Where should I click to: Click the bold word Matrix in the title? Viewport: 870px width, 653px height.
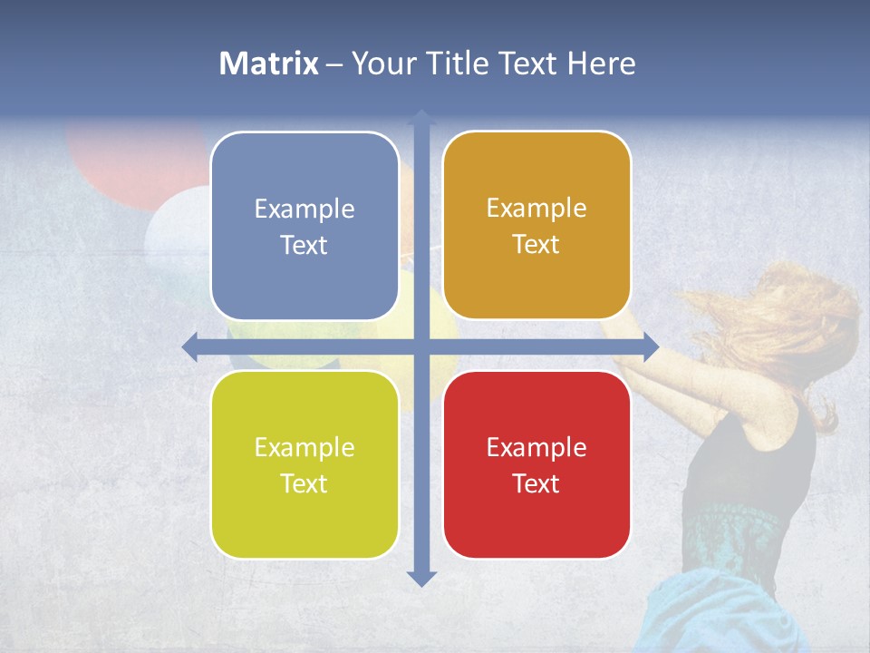[x=268, y=63]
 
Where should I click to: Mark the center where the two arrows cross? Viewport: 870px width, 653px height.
[x=421, y=346]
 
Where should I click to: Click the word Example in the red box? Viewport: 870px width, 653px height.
[x=536, y=447]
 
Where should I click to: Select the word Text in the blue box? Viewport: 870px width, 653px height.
[x=304, y=246]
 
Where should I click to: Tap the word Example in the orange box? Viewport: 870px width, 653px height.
[x=536, y=209]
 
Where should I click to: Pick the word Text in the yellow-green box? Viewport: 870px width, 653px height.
[x=304, y=483]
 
